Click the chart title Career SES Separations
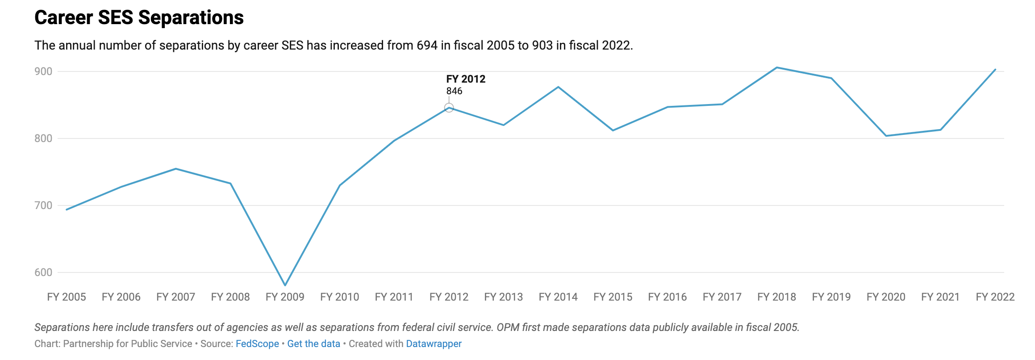[139, 18]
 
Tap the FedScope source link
[257, 344]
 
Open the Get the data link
[313, 344]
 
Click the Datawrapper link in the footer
[434, 344]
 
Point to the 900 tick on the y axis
[43, 71]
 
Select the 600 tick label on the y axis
[43, 272]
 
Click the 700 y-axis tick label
[43, 205]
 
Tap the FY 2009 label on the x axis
[285, 297]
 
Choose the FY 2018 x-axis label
[776, 297]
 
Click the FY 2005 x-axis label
[67, 297]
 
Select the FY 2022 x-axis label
[995, 297]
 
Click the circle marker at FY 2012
[449, 108]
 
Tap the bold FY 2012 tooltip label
[466, 79]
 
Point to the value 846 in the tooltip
[454, 91]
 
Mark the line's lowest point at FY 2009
[285, 285]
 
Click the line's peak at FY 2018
[777, 67]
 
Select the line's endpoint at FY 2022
[995, 69]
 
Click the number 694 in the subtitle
[427, 46]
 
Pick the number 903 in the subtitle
[543, 46]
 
